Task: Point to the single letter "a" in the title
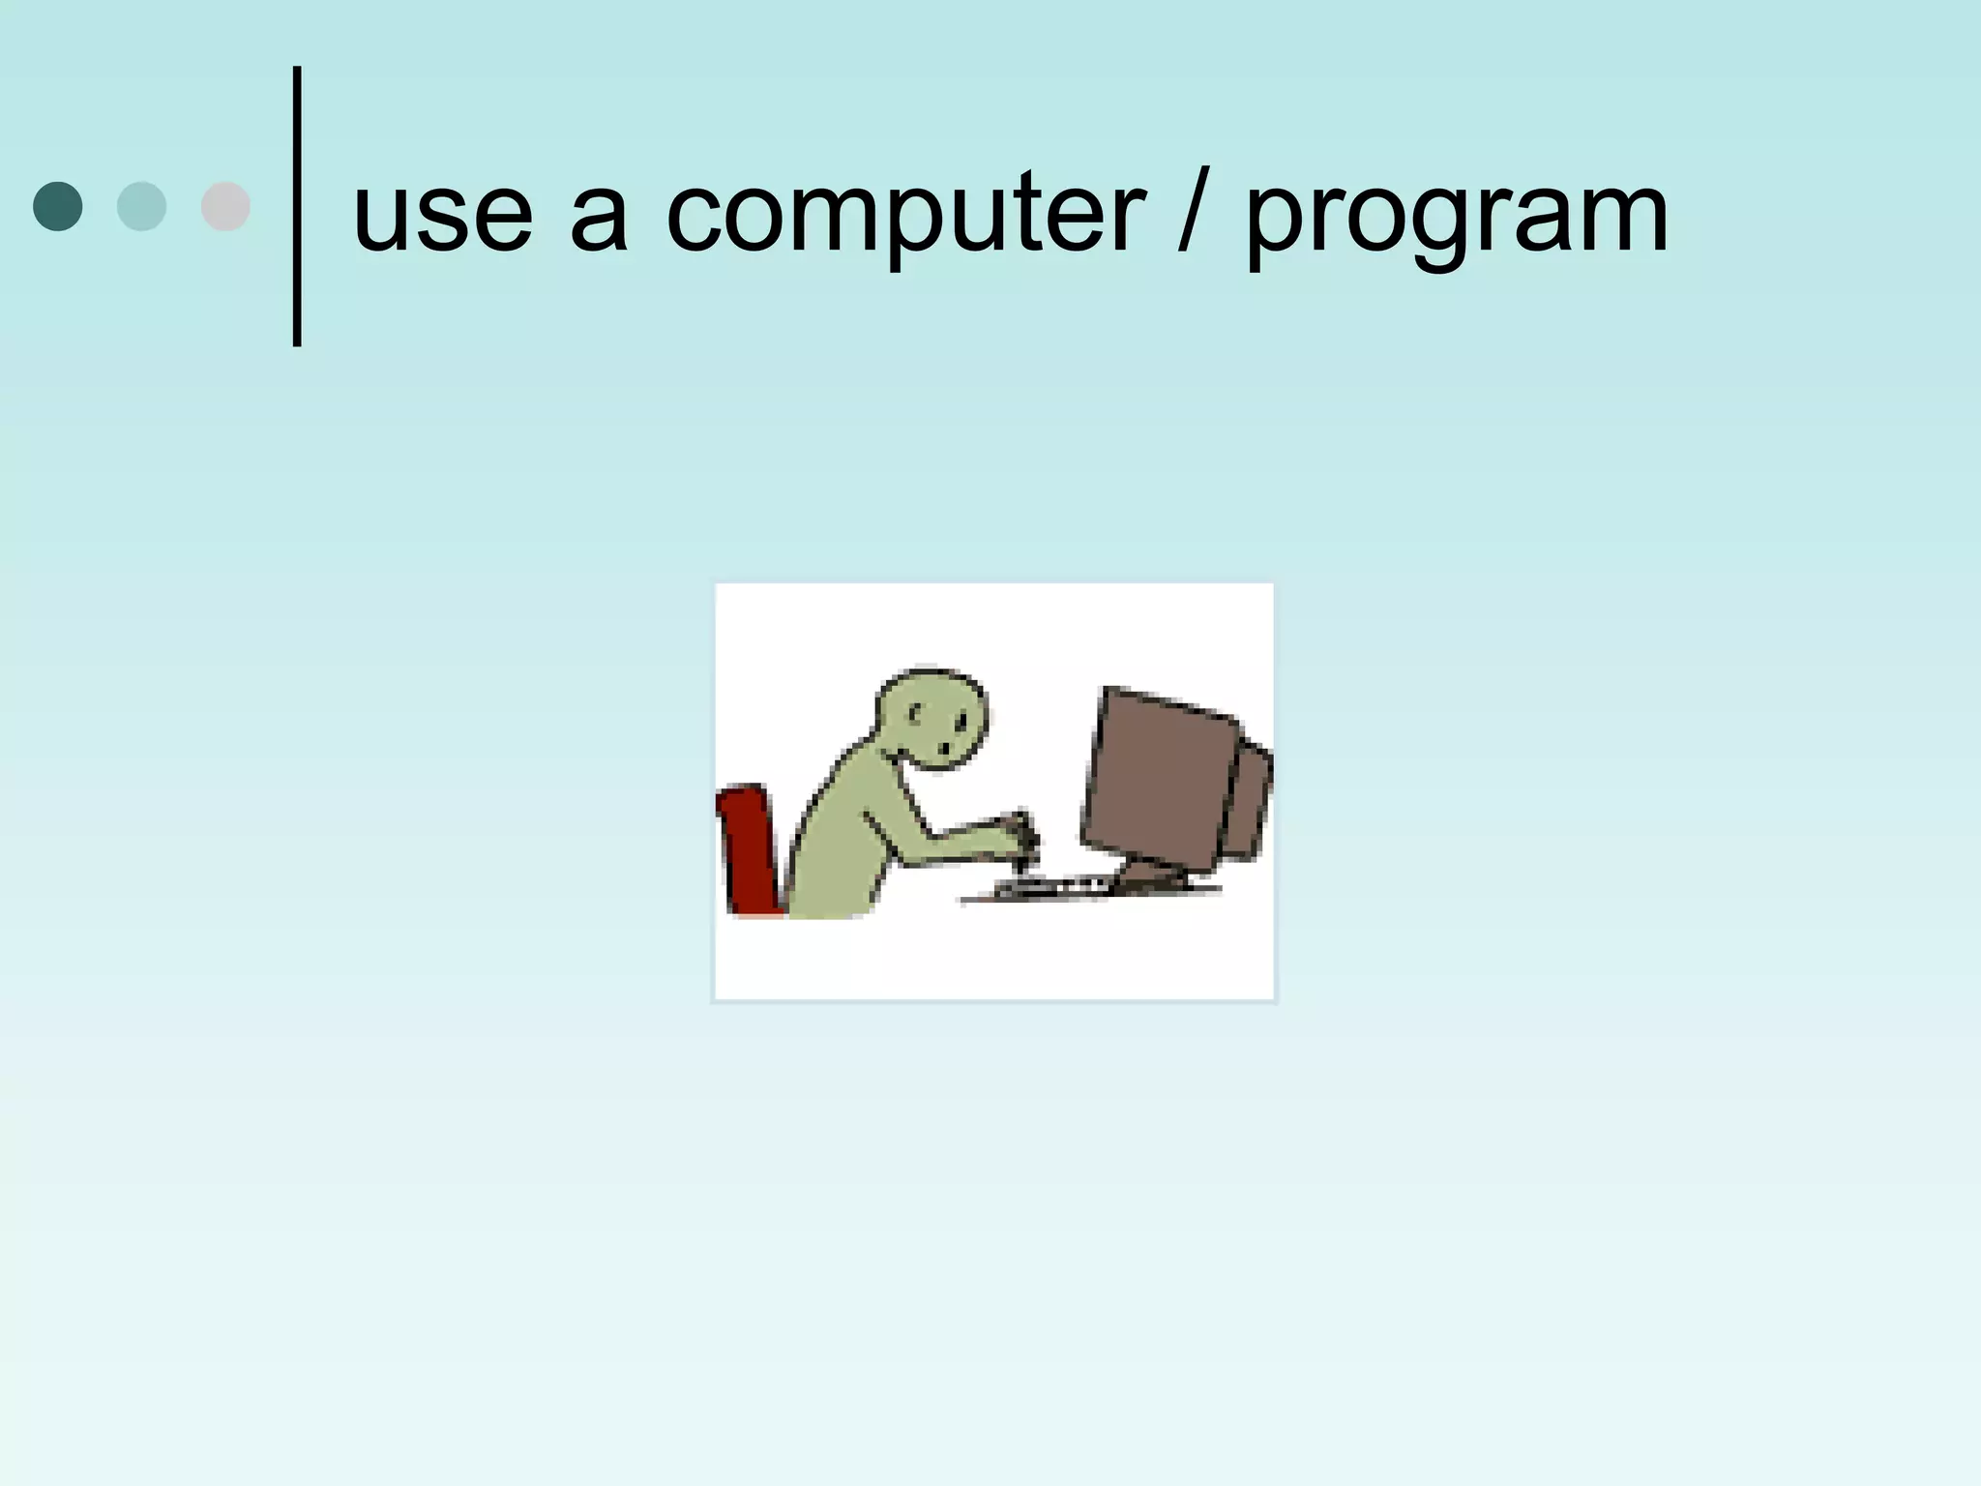tap(598, 218)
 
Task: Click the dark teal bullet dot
tap(58, 206)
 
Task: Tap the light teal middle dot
tap(141, 206)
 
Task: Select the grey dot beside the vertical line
tap(225, 206)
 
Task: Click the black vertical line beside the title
tap(297, 206)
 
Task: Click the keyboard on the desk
tap(1050, 885)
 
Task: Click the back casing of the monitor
tap(1251, 803)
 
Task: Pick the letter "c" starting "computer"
tap(698, 218)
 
